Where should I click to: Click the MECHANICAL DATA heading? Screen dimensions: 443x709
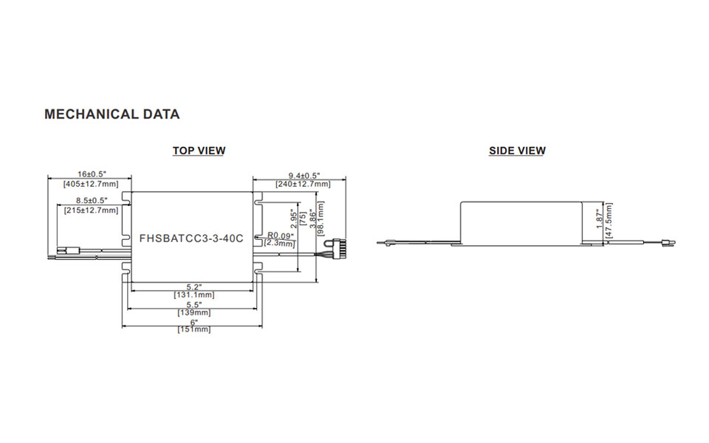pyautogui.click(x=112, y=114)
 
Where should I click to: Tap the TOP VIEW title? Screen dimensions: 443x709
pyautogui.click(x=199, y=151)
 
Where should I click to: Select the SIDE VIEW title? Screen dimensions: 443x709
pyautogui.click(x=517, y=151)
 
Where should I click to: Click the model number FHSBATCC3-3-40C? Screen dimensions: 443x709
pyautogui.click(x=191, y=239)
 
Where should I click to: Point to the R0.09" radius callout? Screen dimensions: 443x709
pyautogui.click(x=280, y=236)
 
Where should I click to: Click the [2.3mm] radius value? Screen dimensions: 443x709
pyautogui.click(x=280, y=243)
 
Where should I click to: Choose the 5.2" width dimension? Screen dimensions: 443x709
pyautogui.click(x=194, y=286)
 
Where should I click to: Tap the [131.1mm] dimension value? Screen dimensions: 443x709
pyautogui.click(x=194, y=295)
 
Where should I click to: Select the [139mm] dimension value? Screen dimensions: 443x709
pyautogui.click(x=194, y=312)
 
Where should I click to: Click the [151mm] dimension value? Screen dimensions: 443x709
pyautogui.click(x=194, y=329)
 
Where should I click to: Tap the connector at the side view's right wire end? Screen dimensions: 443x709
pyautogui.click(x=670, y=240)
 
